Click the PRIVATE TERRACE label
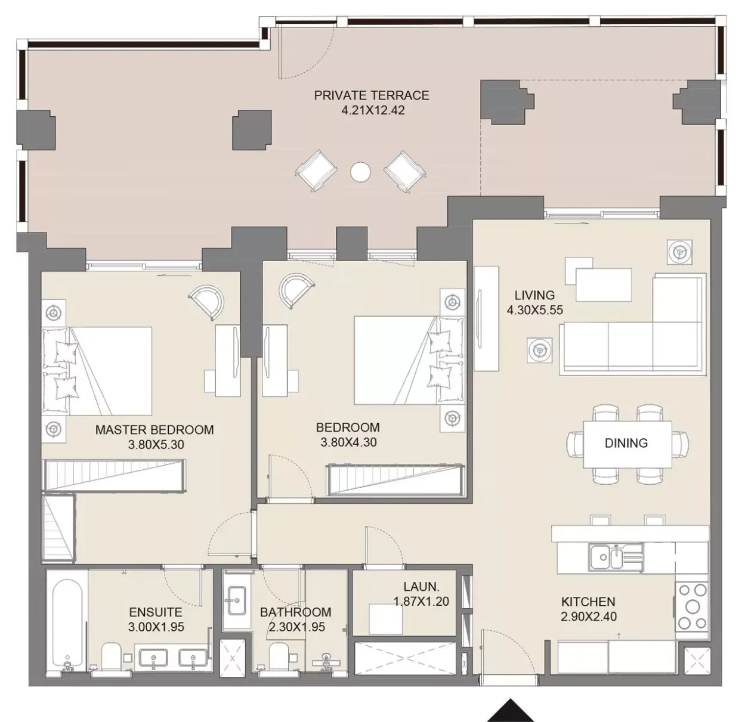point(372,95)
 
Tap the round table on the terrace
point(360,172)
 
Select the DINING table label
point(626,443)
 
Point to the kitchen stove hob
point(692,607)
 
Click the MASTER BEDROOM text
point(154,430)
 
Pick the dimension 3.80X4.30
point(348,442)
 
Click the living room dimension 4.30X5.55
point(535,310)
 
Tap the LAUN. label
point(421,587)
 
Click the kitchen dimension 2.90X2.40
point(589,617)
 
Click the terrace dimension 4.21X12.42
point(373,110)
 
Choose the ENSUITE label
point(156,612)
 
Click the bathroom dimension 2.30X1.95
point(296,627)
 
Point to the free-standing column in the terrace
point(252,130)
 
